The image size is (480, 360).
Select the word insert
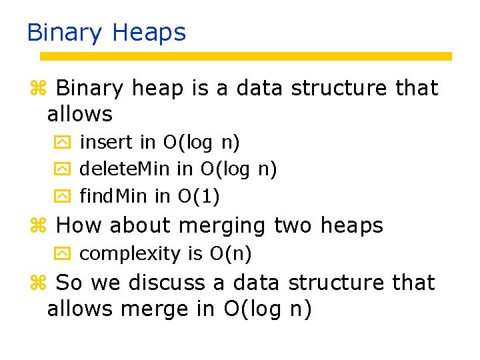click(107, 142)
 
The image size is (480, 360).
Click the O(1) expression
click(199, 196)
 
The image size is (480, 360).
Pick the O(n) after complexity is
click(231, 253)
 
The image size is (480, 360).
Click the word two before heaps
click(294, 225)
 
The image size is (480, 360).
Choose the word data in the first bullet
click(260, 88)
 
